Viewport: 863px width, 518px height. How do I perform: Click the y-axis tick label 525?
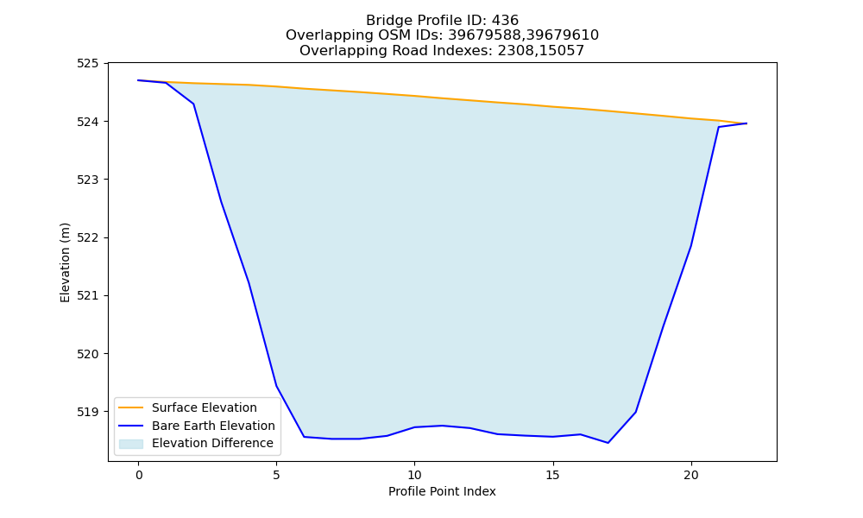[x=87, y=63]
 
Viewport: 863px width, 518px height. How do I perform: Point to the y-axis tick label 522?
[x=87, y=237]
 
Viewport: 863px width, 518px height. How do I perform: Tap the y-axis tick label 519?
[x=87, y=412]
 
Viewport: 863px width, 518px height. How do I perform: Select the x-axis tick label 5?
[x=276, y=476]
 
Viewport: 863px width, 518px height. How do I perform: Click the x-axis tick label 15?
[x=552, y=476]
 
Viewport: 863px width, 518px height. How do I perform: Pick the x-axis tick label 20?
[x=690, y=476]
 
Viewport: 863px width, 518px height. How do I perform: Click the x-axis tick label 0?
[x=139, y=476]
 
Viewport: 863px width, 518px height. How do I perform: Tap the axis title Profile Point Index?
[x=442, y=491]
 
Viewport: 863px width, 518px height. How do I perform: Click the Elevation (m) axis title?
[x=65, y=262]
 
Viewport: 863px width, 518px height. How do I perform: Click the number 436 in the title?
[x=505, y=21]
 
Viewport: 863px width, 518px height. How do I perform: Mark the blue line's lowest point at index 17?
[x=608, y=443]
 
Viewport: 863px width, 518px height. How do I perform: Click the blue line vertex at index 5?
[x=276, y=385]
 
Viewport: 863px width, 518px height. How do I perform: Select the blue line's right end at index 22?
[x=746, y=123]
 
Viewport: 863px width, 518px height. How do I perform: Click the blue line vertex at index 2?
[x=193, y=104]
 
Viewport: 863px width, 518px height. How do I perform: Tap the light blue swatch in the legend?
[x=131, y=444]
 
